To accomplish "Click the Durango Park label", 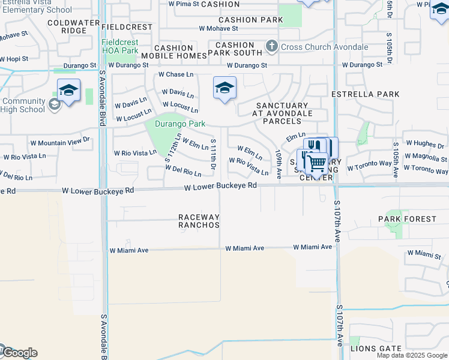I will pyautogui.click(x=180, y=124).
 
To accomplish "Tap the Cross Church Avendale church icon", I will pyautogui.click(x=272, y=46).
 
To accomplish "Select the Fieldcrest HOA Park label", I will pyautogui.click(x=120, y=47).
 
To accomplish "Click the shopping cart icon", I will pyautogui.click(x=316, y=163).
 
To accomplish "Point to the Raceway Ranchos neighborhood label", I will pyautogui.click(x=198, y=221).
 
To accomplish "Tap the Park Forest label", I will pyautogui.click(x=407, y=219).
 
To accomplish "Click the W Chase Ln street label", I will pyautogui.click(x=176, y=74).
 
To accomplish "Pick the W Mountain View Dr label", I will pyautogui.click(x=59, y=142).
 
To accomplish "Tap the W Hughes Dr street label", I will pyautogui.click(x=425, y=144).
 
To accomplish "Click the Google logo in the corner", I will pyautogui.click(x=19, y=353).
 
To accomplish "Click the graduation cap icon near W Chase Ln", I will pyautogui.click(x=224, y=88).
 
